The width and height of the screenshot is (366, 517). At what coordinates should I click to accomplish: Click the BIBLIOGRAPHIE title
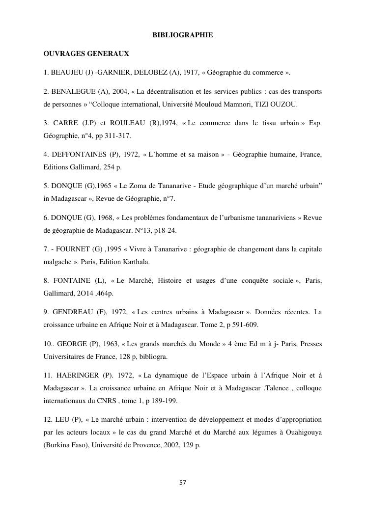(183, 35)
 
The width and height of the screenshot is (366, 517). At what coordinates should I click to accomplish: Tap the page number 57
(183, 483)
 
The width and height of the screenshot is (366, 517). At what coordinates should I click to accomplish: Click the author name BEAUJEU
(67, 73)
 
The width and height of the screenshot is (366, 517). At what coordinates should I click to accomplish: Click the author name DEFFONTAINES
(78, 155)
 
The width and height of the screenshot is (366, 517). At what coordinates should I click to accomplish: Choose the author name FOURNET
(69, 249)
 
